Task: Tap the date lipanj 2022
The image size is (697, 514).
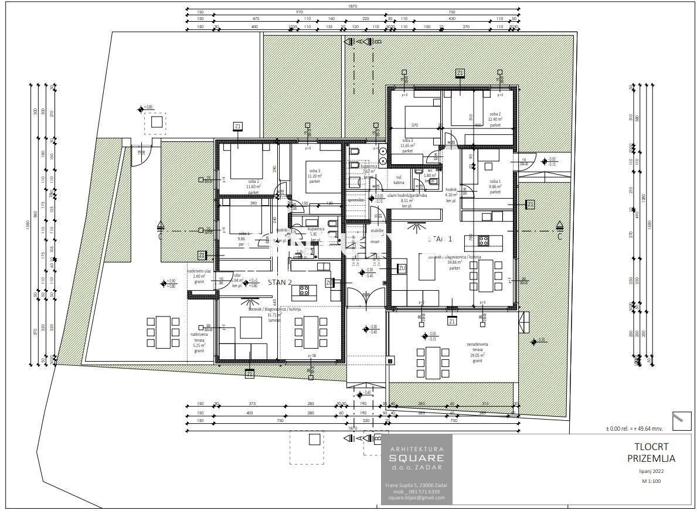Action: pos(650,471)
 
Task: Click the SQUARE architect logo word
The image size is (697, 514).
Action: pos(417,458)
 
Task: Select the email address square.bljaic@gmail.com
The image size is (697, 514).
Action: pos(416,498)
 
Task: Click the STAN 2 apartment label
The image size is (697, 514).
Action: pos(280,282)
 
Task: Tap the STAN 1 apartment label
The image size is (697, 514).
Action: pos(440,239)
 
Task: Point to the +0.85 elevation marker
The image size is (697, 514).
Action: pos(145,108)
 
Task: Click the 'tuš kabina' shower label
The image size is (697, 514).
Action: pos(399,180)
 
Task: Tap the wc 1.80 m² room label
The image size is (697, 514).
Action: pos(430,173)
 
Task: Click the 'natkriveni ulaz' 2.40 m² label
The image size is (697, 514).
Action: pos(196,276)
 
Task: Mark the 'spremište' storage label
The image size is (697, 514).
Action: pos(356,200)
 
